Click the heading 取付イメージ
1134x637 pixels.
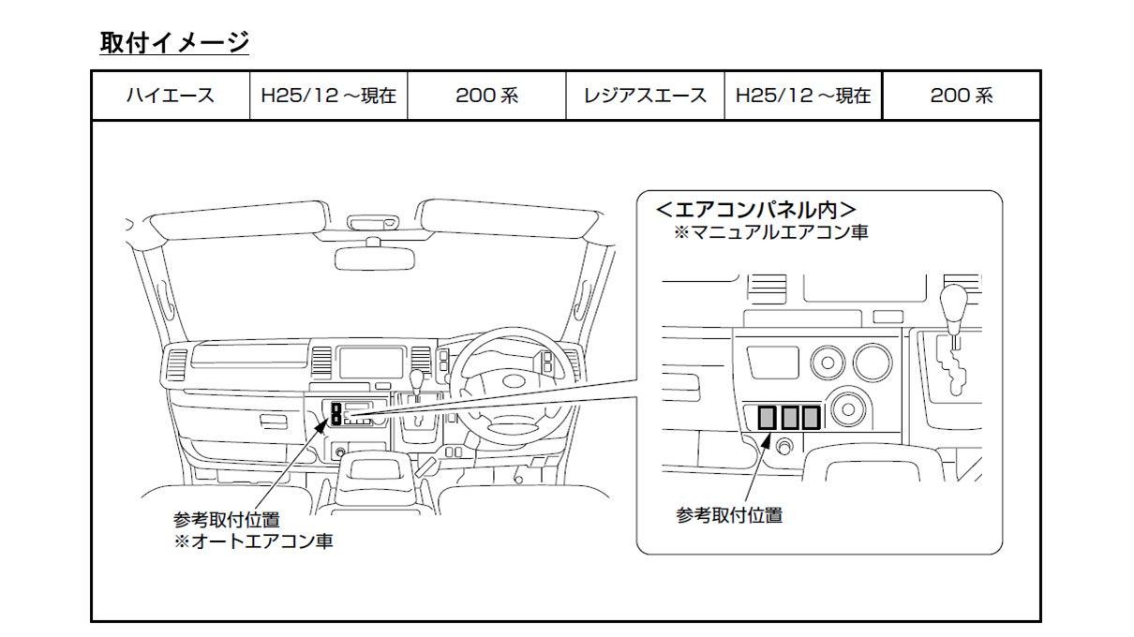tap(174, 42)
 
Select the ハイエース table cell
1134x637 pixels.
tap(170, 96)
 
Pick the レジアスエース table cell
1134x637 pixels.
tap(645, 96)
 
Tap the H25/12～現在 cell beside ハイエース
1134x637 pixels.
tap(328, 96)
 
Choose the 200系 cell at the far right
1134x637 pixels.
tap(961, 96)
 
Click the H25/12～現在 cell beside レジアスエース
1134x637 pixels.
tap(803, 96)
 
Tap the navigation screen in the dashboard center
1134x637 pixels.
tap(369, 362)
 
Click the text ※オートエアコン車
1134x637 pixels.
tap(253, 541)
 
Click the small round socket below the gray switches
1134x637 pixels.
tap(785, 446)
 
